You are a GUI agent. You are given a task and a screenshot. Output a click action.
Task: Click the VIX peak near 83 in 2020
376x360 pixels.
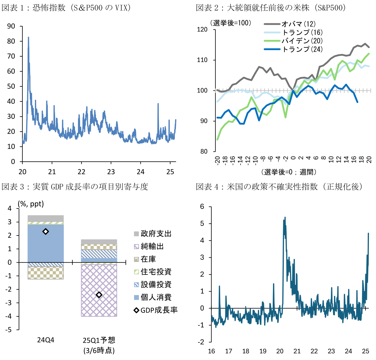coord(28,38)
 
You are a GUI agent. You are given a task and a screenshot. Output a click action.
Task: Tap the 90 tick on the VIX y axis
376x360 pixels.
coord(11,26)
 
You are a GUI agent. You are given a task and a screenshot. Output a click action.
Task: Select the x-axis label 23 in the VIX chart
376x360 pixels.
coord(111,172)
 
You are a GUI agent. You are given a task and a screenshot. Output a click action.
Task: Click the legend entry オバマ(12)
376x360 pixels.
coord(298,24)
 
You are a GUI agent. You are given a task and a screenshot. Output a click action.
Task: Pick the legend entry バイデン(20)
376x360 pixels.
coord(302,41)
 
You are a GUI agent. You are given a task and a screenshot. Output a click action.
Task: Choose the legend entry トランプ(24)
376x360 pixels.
coord(302,49)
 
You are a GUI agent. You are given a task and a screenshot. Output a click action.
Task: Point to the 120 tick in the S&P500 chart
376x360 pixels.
coord(202,30)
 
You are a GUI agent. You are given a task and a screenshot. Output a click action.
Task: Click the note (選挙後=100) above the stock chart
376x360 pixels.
coord(230,23)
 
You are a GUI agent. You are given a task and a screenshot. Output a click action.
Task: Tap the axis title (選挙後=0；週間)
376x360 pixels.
coord(289,172)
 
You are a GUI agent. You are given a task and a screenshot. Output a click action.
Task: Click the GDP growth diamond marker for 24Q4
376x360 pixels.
coord(45,232)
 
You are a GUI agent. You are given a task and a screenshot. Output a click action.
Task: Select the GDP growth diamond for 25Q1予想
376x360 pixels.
coord(99,295)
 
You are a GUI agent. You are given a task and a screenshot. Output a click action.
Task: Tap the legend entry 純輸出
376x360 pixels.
coord(152,246)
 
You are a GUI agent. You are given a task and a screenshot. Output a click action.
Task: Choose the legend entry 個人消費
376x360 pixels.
coord(156,297)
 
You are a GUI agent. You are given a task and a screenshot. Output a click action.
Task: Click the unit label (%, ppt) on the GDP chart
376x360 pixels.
coord(31,204)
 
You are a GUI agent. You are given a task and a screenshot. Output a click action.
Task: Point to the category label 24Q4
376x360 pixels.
coord(45,340)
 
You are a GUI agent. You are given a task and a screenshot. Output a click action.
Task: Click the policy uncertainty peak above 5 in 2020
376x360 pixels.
coord(285,218)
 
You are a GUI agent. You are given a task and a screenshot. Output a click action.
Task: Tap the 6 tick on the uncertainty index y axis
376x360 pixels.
coord(202,207)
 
